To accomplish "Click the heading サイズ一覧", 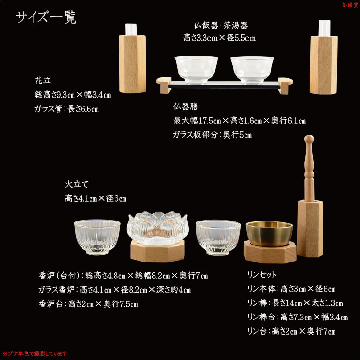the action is (46, 17).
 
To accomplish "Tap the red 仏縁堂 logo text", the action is (350, 5).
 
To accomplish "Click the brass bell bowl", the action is (270, 233).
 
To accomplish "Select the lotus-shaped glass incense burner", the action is (158, 228).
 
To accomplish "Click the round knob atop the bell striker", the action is (309, 139).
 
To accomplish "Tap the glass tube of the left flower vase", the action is (131, 29).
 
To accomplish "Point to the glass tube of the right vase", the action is (324, 28).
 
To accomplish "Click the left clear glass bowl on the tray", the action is (196, 70).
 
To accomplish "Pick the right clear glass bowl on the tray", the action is (252, 70).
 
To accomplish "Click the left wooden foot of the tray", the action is (164, 85).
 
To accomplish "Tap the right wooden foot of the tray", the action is (285, 86).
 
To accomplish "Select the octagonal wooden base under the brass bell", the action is (270, 252).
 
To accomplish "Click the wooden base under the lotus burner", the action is (157, 252).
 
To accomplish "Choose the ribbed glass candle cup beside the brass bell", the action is (218, 237).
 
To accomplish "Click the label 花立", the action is (43, 81).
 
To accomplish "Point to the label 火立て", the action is (77, 184).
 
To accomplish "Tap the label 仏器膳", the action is (186, 106).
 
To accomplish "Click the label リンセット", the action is (262, 274).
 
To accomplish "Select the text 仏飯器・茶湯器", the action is (221, 25).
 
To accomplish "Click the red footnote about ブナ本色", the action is (35, 353).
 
